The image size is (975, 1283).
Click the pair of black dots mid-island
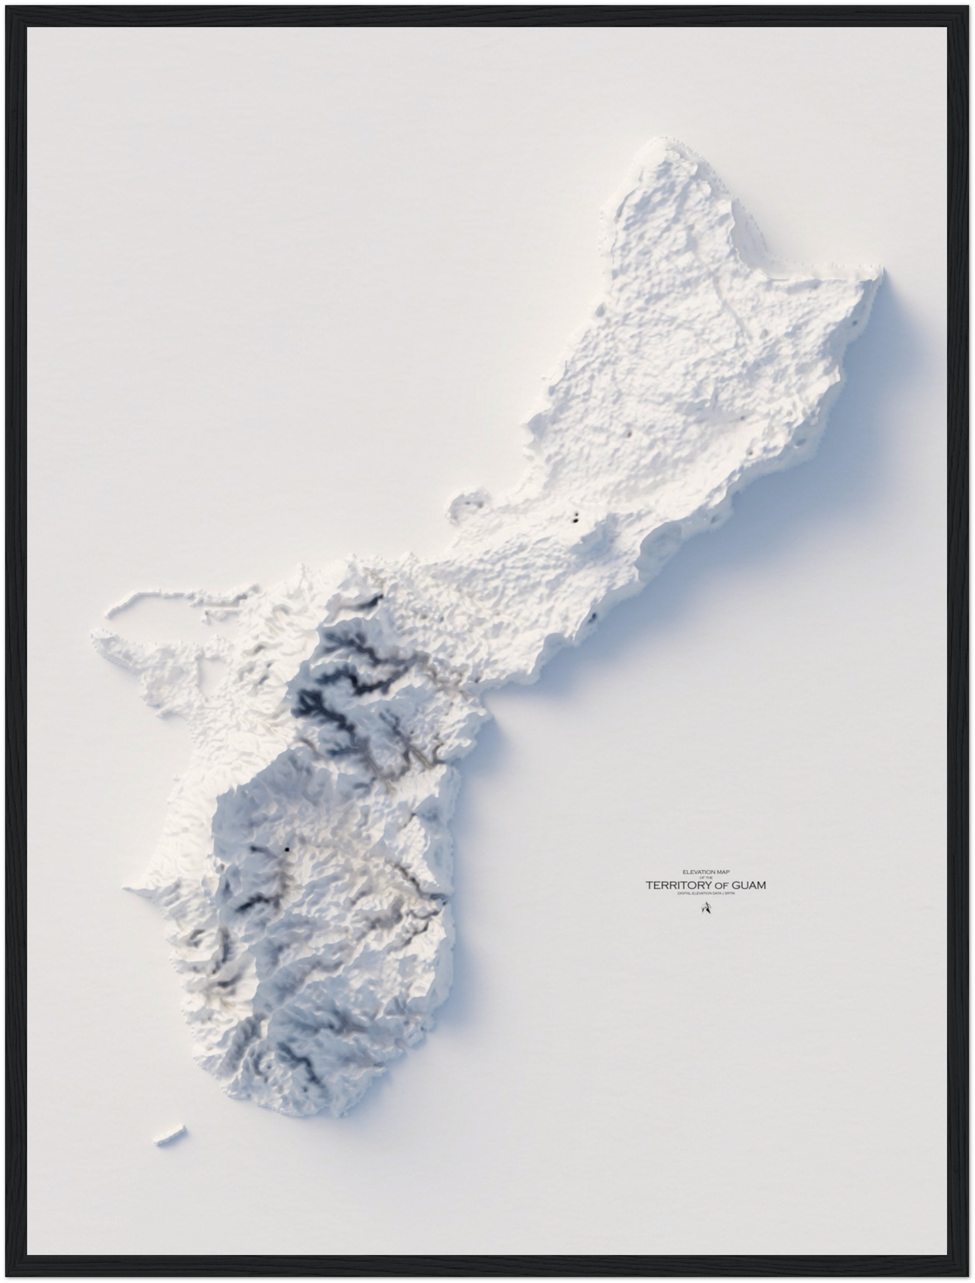point(575,518)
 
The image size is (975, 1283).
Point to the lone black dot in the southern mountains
point(287,850)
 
